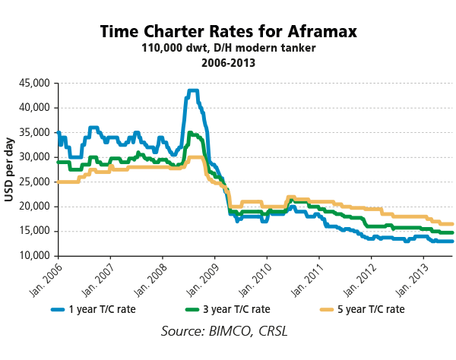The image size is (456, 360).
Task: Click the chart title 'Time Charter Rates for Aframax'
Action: pos(228,32)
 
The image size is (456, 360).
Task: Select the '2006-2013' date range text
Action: pos(228,63)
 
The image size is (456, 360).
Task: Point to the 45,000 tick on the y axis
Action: pos(33,83)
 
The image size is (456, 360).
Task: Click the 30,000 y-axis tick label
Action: pos(33,157)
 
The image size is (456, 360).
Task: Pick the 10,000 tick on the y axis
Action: pos(33,256)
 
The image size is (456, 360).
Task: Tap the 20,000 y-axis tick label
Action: pos(33,207)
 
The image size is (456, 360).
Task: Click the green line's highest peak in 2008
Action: pos(191,133)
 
